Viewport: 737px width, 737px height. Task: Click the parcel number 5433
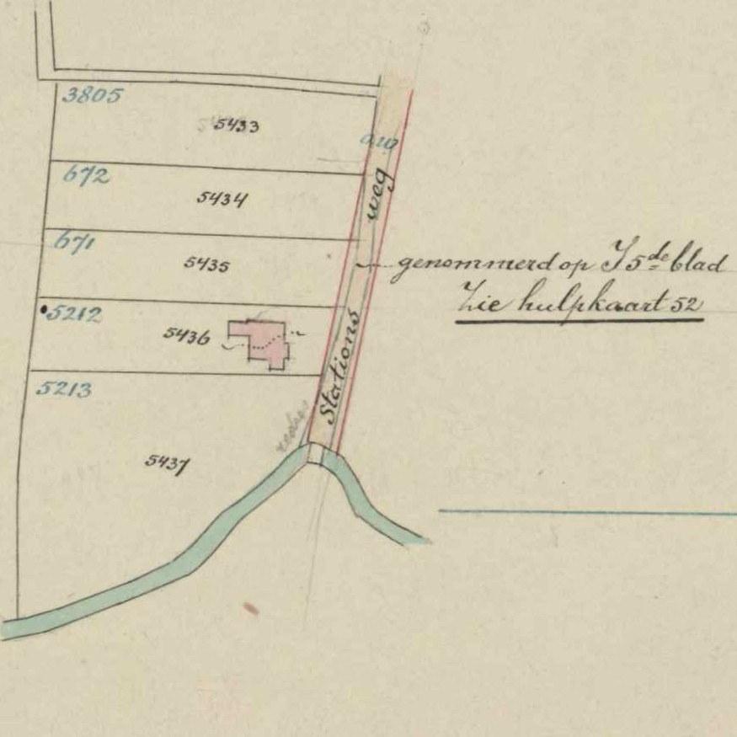tap(236, 126)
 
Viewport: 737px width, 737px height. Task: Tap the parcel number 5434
tap(222, 199)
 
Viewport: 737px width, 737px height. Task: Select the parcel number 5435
tap(207, 264)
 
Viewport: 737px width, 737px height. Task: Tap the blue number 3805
tap(92, 95)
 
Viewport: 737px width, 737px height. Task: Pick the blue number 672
tap(87, 176)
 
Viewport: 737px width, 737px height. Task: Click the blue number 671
tap(74, 243)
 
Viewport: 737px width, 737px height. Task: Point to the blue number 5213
tap(64, 389)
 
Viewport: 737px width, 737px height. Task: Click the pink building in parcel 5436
tap(267, 342)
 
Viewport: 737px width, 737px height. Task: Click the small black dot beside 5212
tap(43, 310)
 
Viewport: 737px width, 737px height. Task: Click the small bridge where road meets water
tap(315, 453)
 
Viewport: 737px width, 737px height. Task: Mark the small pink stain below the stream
tap(250, 608)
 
